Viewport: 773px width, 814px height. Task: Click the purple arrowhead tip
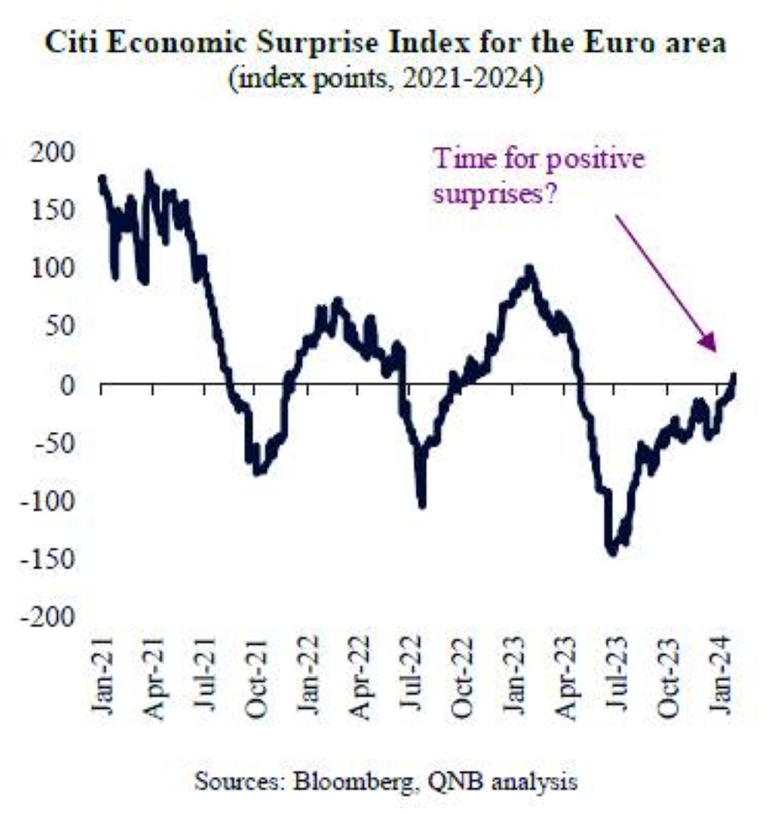coord(715,353)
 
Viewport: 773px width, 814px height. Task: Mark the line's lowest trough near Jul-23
coord(613,551)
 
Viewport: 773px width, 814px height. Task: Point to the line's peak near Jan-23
coord(530,268)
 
